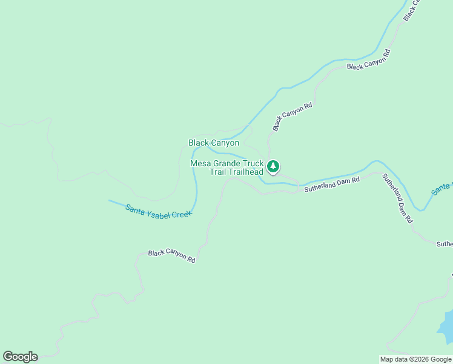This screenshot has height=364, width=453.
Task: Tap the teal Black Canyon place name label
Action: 213,143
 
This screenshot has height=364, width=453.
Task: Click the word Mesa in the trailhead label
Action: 201,163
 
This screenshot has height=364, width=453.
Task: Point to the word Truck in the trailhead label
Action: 253,163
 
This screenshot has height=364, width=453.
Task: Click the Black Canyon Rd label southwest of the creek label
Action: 172,255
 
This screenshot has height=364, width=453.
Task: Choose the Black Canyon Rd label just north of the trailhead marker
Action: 292,116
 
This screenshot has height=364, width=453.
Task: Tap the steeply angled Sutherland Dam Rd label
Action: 397,201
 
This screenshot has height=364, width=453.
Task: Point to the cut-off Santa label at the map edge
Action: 441,189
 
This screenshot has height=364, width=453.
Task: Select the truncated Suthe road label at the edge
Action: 445,244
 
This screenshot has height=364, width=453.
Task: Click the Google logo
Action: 20,357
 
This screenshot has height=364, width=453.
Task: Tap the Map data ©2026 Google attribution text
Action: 415,359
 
